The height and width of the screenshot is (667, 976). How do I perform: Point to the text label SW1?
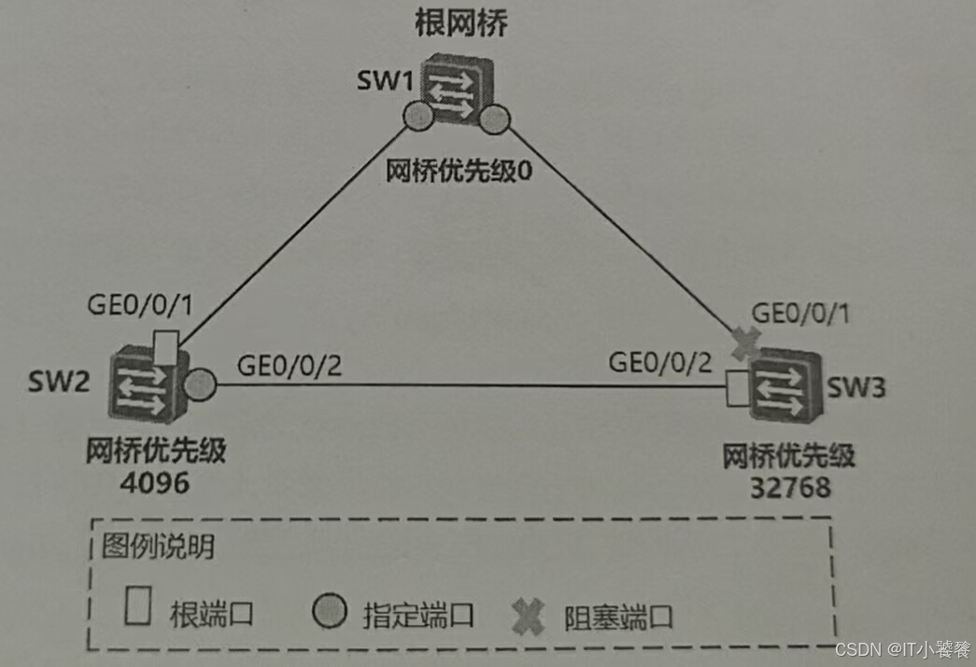click(384, 80)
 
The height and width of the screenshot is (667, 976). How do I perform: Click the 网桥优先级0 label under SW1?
click(452, 172)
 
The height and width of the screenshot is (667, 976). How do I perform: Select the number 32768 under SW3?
click(791, 488)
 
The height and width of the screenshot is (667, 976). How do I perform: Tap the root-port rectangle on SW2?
click(166, 344)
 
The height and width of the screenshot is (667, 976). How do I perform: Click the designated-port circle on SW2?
click(200, 383)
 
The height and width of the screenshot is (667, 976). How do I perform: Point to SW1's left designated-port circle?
click(417, 117)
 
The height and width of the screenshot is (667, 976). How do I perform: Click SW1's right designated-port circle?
click(492, 118)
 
